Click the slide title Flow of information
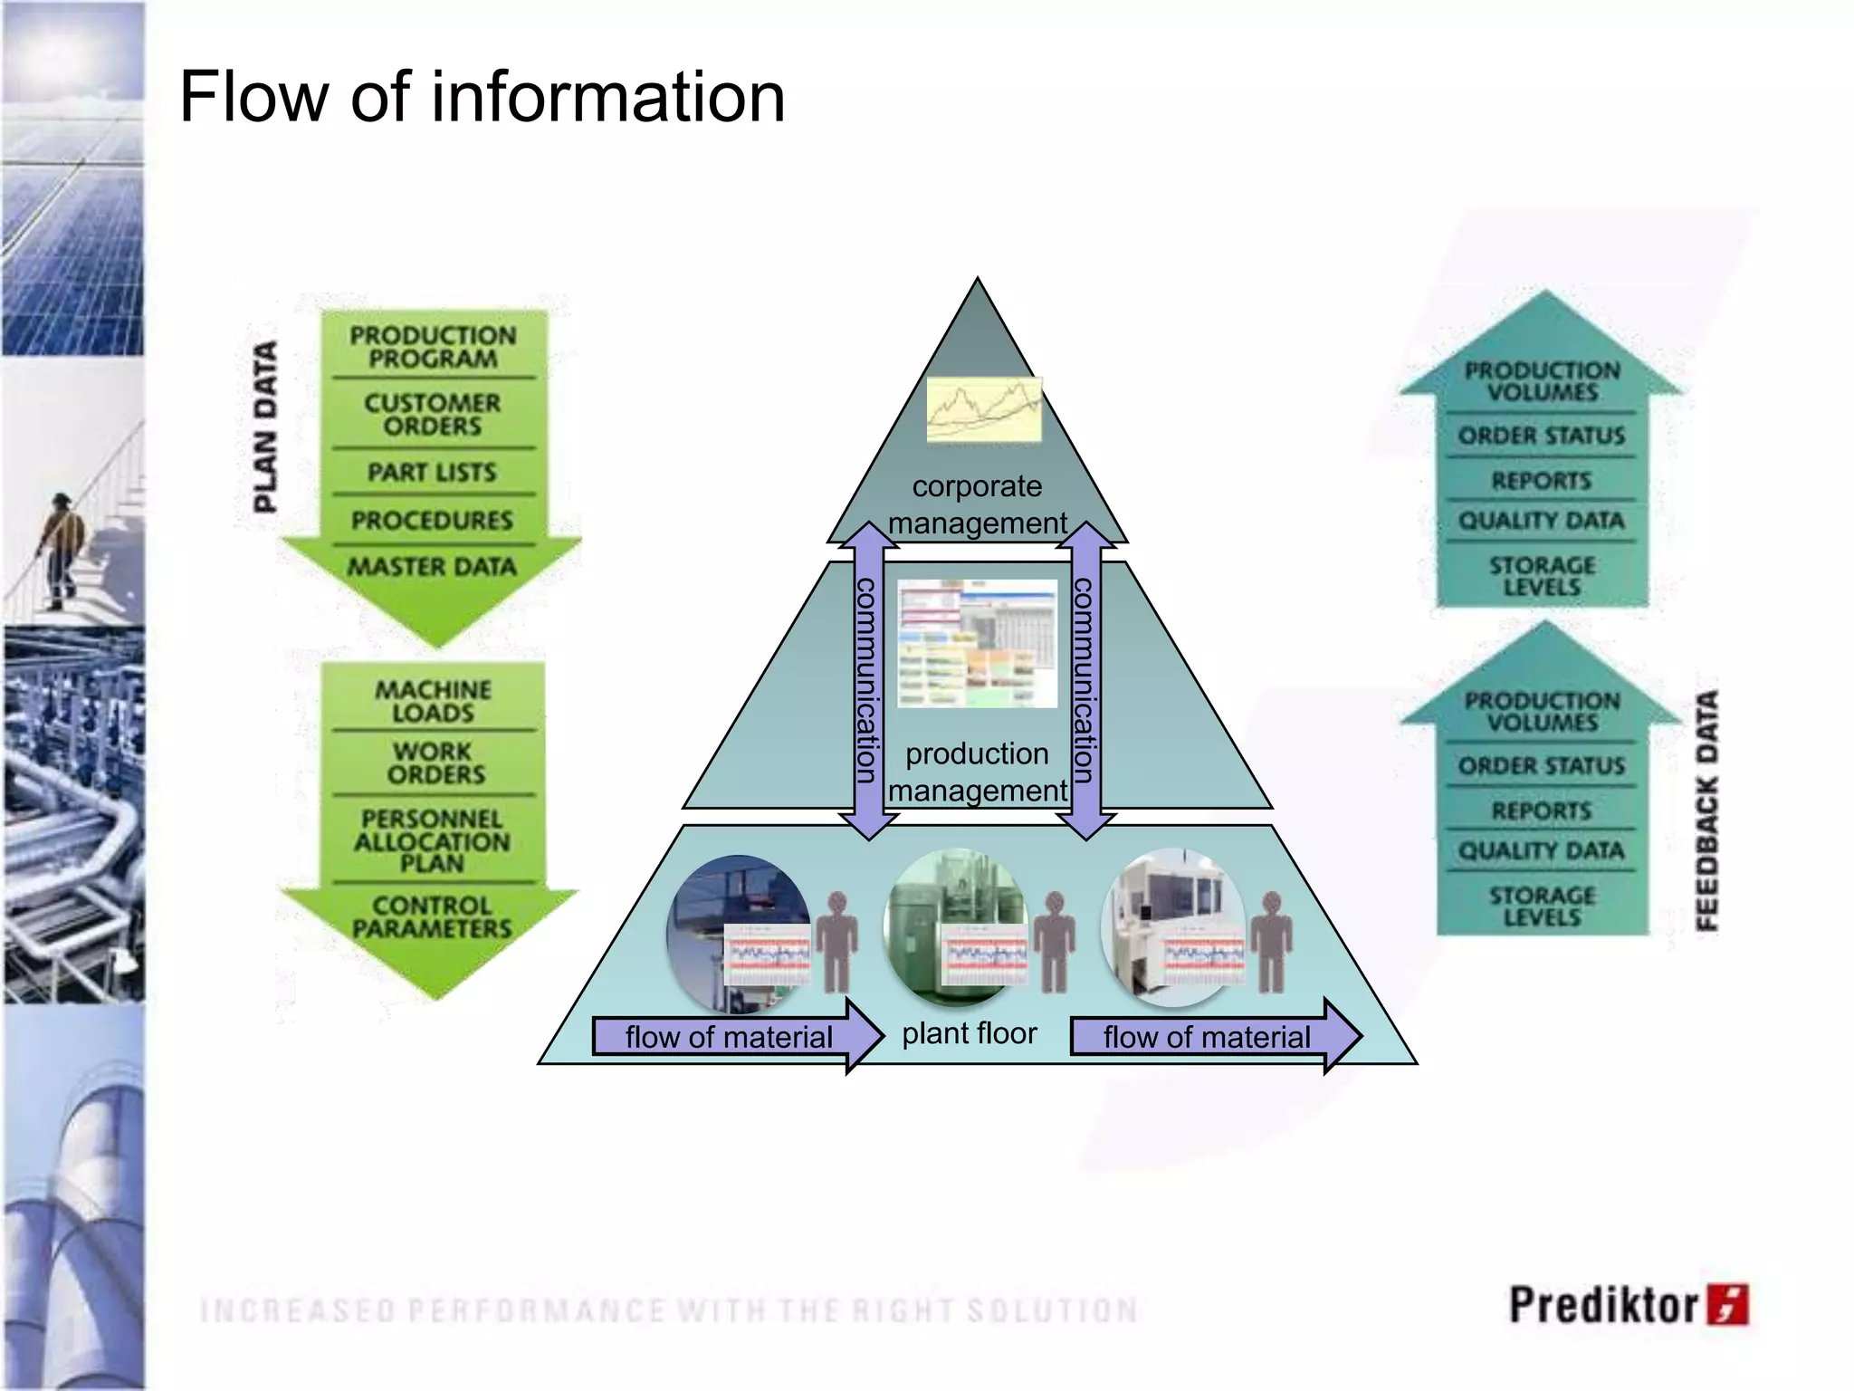click(482, 97)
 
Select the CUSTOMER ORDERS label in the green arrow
click(432, 414)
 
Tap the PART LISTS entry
click(432, 472)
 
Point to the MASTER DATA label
click(432, 567)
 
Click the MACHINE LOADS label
click(433, 701)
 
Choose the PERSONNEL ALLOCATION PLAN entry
click(432, 840)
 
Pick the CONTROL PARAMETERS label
click(432, 916)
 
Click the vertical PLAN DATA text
click(264, 426)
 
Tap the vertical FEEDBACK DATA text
click(1706, 810)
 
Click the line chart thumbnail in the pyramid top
click(983, 409)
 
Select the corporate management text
click(977, 504)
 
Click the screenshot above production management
click(977, 643)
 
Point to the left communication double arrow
click(867, 679)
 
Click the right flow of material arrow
click(1213, 1036)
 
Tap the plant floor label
click(969, 1033)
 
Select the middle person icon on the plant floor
click(1054, 942)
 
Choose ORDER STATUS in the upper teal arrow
click(1541, 436)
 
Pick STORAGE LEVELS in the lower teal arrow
click(1542, 906)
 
